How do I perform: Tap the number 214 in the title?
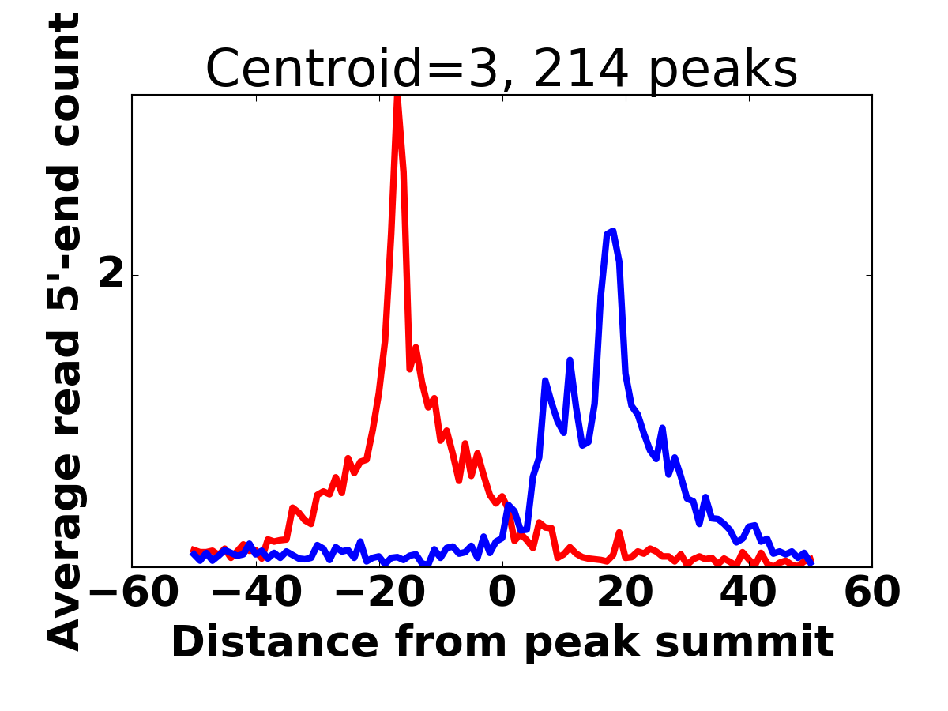click(x=581, y=70)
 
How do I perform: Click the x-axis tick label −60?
click(x=132, y=592)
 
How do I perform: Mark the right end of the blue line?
click(x=811, y=562)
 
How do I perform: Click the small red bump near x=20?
click(x=619, y=533)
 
